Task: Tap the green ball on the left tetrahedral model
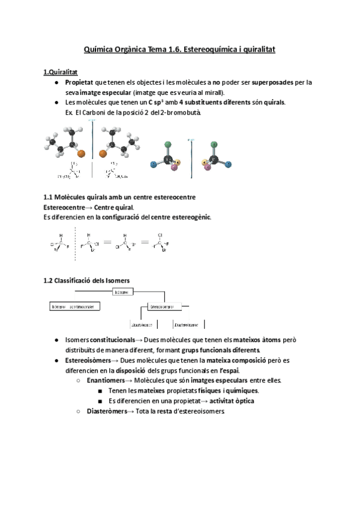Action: tap(169, 145)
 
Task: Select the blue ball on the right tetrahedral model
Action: tap(229, 164)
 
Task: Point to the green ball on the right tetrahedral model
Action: tap(214, 145)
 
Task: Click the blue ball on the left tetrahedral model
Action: tap(154, 164)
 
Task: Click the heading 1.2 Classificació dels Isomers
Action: tap(86, 280)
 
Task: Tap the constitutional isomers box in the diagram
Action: tap(74, 306)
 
